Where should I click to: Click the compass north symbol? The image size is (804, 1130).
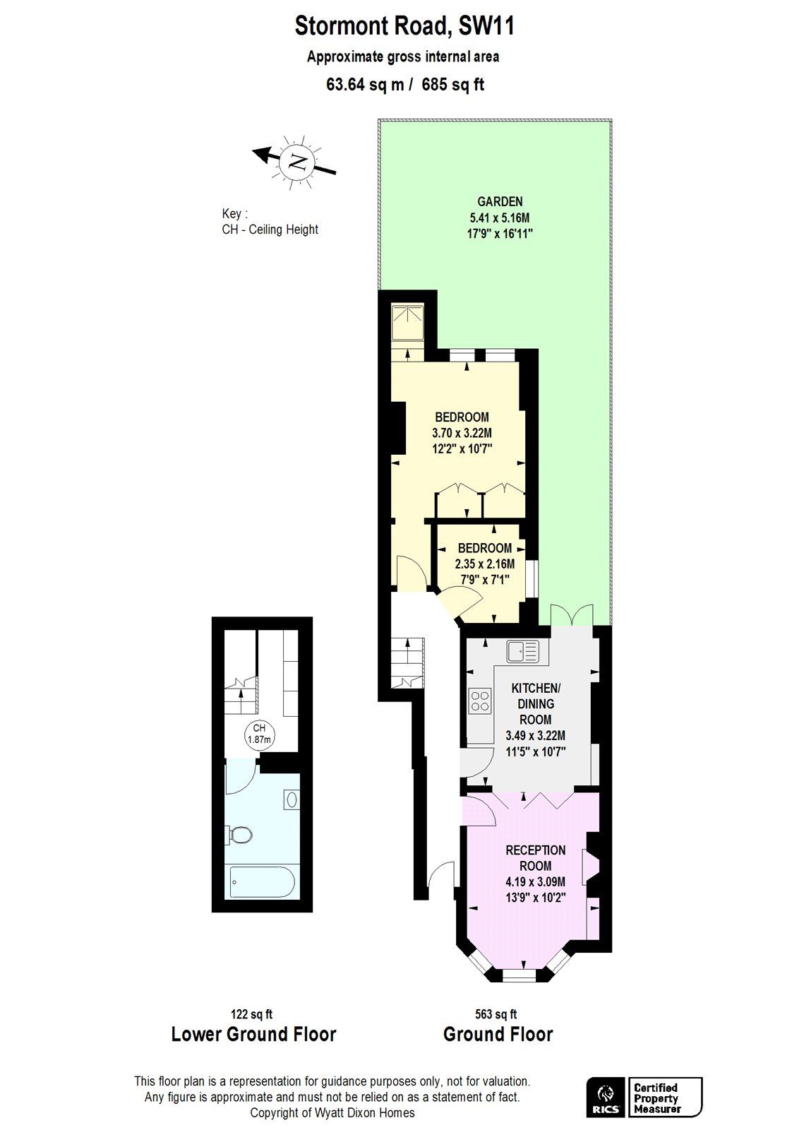[x=296, y=162]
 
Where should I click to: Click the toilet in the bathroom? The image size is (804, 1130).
[x=241, y=835]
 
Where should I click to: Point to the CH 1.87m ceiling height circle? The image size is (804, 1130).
[x=259, y=734]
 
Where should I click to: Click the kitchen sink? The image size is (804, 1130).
[x=522, y=650]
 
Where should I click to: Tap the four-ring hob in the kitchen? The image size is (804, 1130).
[x=480, y=700]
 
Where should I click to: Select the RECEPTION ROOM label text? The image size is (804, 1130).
[x=535, y=857]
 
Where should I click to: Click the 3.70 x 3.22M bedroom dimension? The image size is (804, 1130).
[x=462, y=433]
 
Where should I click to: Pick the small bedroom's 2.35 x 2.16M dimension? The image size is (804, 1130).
[x=484, y=564]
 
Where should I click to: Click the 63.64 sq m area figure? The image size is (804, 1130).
[x=365, y=85]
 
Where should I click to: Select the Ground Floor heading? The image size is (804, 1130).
[x=498, y=1035]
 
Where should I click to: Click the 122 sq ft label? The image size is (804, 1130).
[x=251, y=1014]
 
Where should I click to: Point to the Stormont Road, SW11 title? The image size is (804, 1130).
[x=404, y=27]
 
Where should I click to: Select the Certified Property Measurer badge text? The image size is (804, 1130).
[x=656, y=1098]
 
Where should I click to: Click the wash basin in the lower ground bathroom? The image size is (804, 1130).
[x=292, y=799]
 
